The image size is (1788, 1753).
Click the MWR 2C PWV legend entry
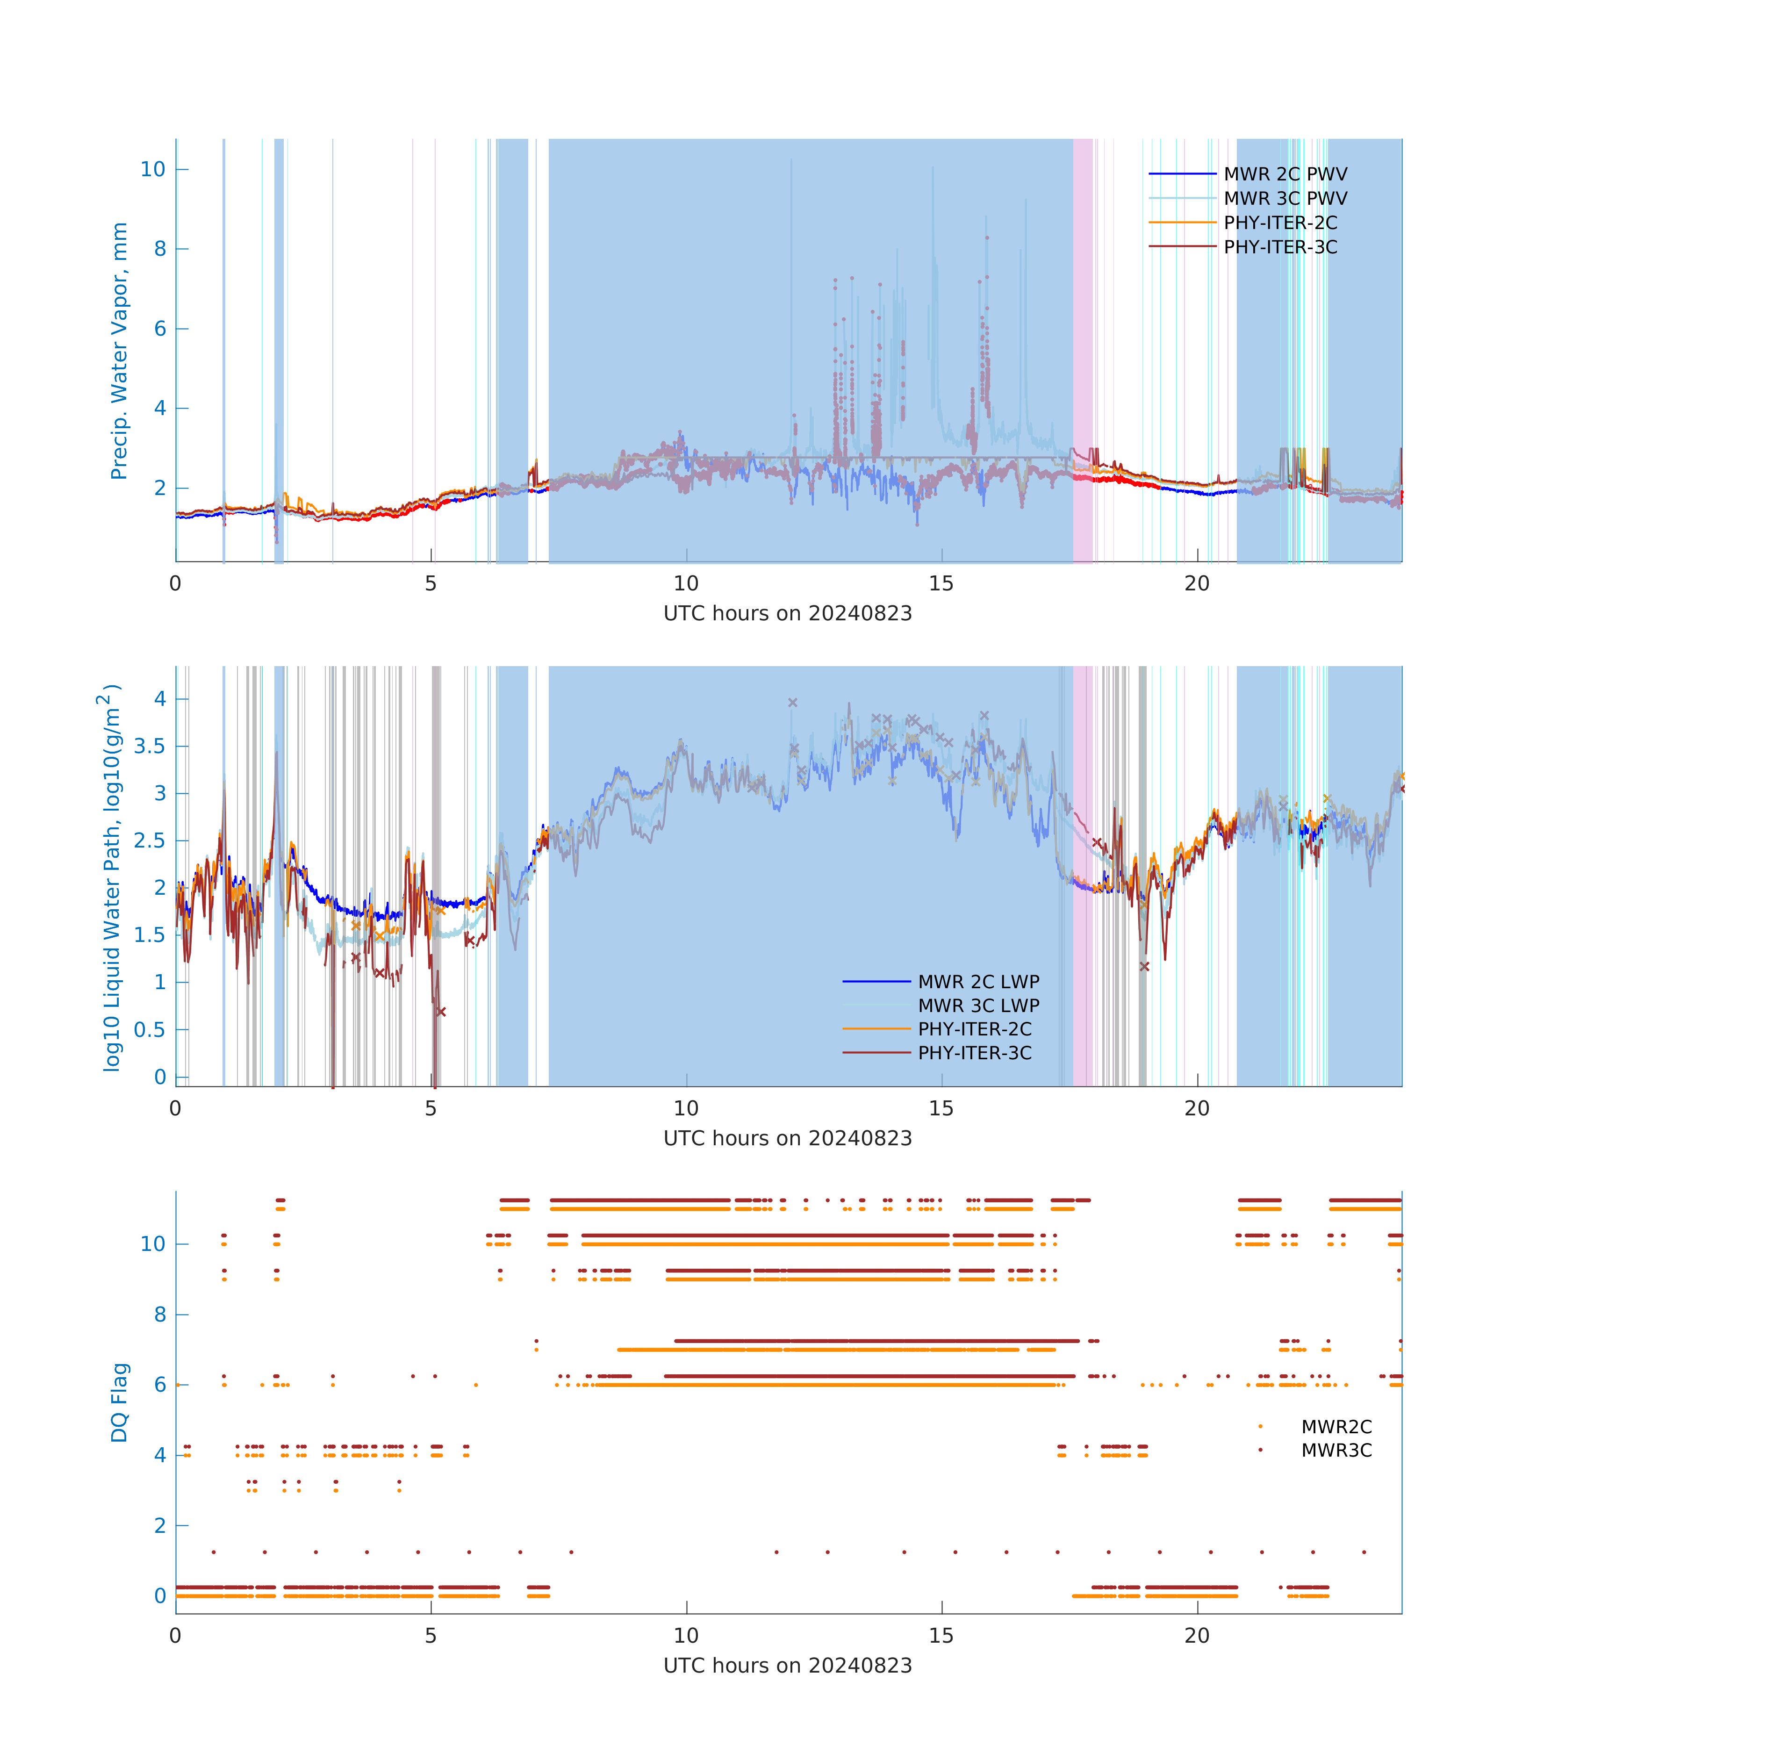tap(1285, 174)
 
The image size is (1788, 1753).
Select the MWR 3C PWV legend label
tap(1285, 198)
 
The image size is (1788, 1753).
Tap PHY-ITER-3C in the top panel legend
tap(1280, 247)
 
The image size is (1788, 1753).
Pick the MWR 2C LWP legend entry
tap(978, 982)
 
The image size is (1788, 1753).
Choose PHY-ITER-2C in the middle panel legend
tap(974, 1028)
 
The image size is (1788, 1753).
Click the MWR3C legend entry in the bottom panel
tap(1336, 1450)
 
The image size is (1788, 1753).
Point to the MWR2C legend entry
tap(1336, 1426)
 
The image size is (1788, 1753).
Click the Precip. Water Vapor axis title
tap(119, 351)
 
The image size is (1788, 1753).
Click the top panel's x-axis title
tap(787, 613)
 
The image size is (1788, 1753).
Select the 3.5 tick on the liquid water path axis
tap(149, 746)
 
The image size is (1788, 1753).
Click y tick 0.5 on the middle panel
tap(149, 1029)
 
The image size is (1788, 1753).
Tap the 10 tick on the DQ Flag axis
tap(153, 1244)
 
